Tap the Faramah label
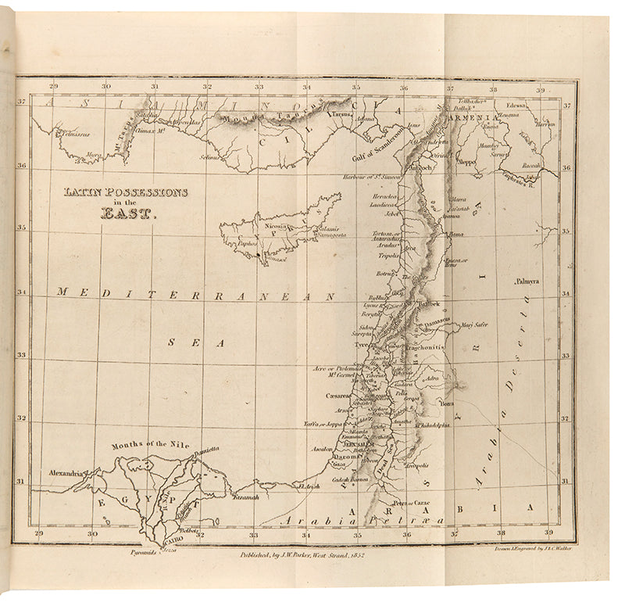(x=245, y=497)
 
